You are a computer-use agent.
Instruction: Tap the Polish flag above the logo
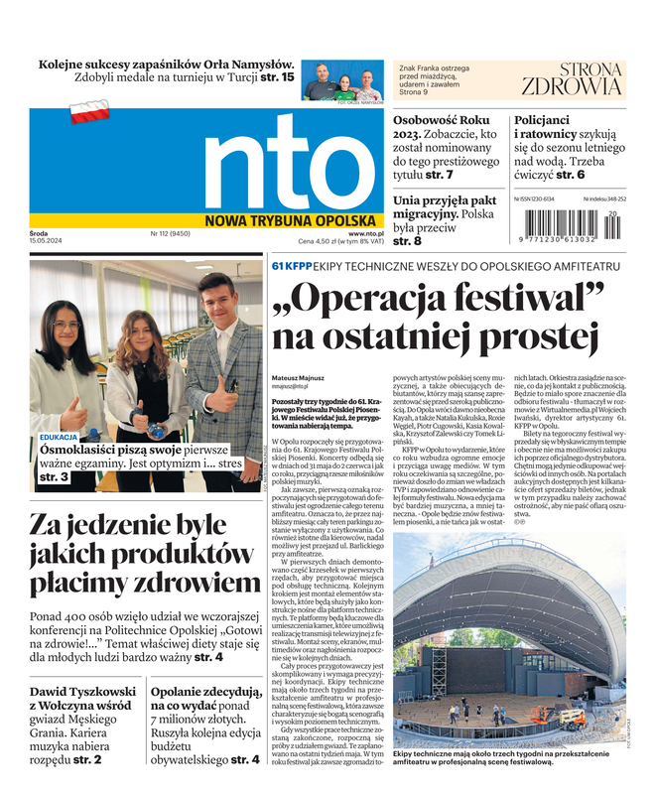point(89,112)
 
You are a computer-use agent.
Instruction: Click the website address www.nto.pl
point(365,234)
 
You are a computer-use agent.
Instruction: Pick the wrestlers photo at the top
point(342,82)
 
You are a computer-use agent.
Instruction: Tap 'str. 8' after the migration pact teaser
point(408,241)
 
